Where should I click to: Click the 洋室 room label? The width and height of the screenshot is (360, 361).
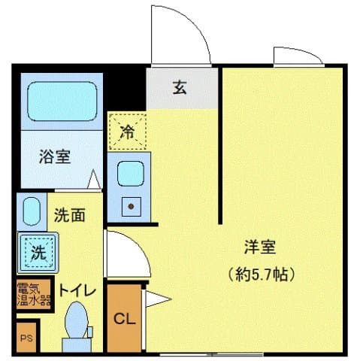260,246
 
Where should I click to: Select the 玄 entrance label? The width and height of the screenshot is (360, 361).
180,88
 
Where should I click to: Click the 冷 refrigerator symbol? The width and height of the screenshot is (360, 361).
127,132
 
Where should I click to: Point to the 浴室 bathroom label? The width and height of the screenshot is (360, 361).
55,157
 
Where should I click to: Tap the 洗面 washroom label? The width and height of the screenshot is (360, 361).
68,214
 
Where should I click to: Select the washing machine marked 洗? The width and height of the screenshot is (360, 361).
37,252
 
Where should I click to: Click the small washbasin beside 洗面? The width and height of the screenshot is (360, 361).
31,211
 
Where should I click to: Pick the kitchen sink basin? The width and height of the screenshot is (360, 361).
130,173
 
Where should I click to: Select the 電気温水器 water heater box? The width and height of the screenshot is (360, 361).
34,295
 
